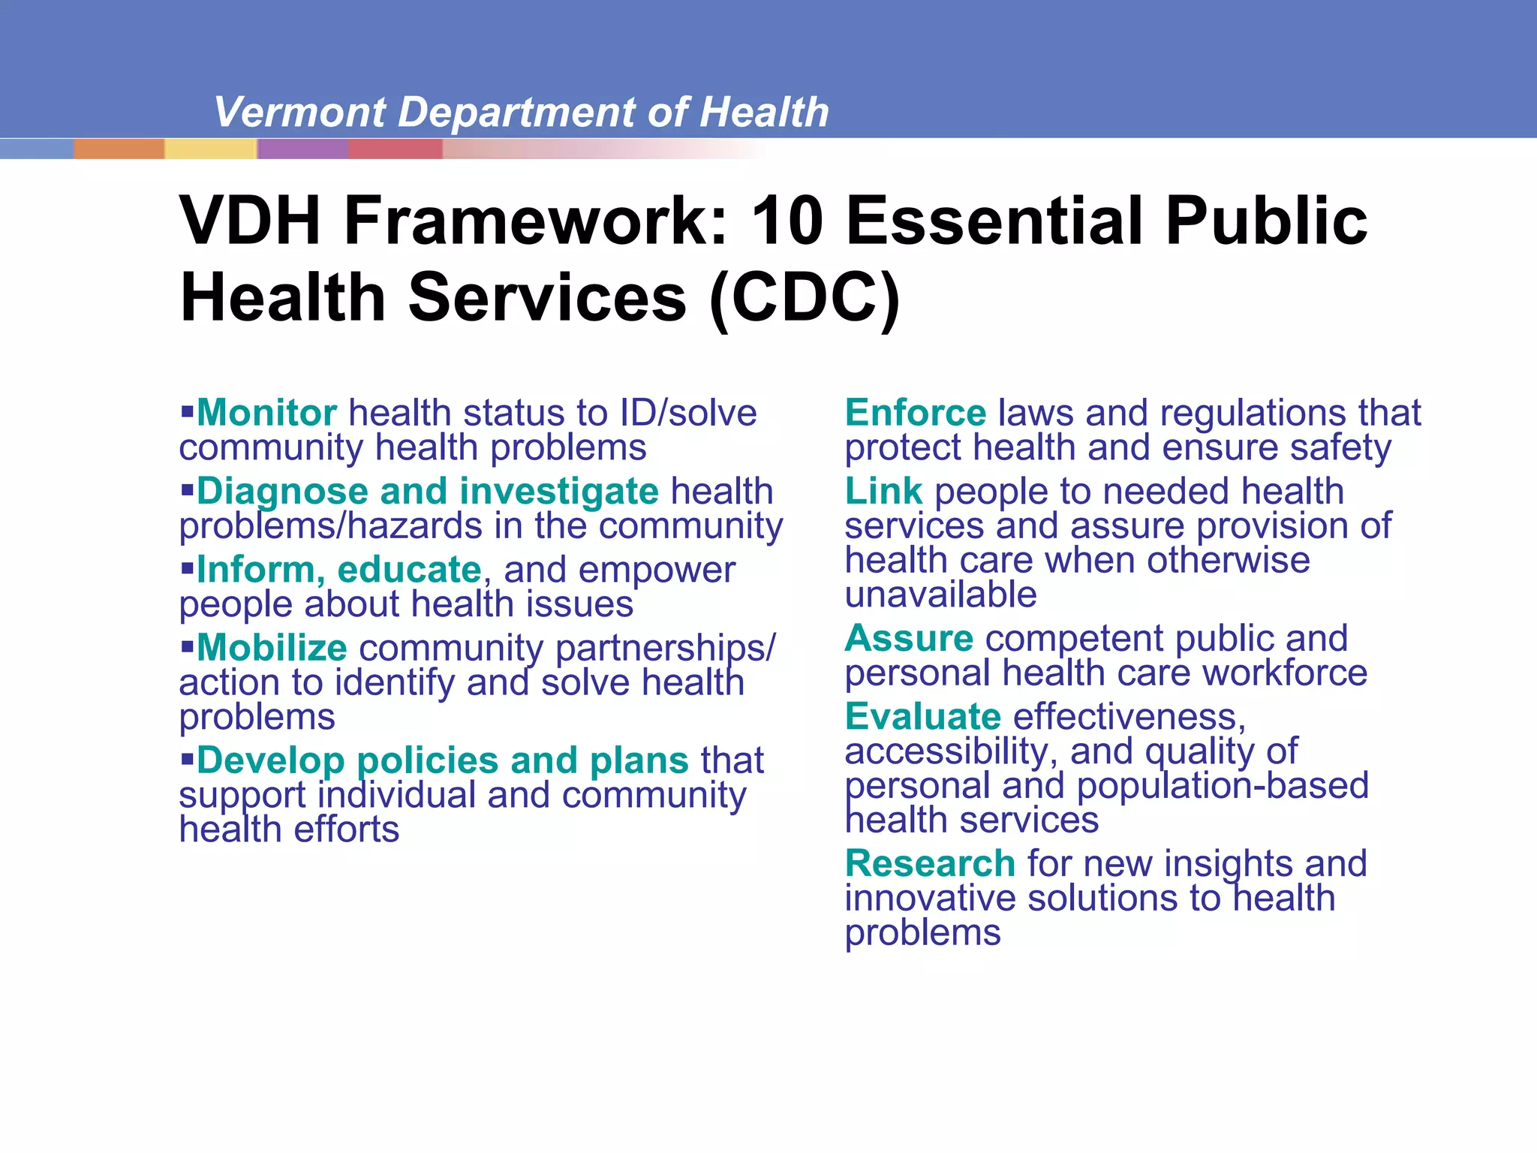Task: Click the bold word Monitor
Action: [x=266, y=413]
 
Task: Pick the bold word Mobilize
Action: [x=272, y=648]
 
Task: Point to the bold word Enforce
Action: [x=915, y=413]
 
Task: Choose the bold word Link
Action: [x=883, y=492]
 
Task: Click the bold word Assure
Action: [x=909, y=639]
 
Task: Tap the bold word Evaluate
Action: [x=922, y=717]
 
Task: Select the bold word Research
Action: [x=930, y=863]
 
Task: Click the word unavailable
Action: [x=940, y=595]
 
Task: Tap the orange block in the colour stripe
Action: [x=119, y=149]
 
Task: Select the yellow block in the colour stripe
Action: [x=210, y=149]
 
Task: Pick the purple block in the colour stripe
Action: [x=302, y=149]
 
